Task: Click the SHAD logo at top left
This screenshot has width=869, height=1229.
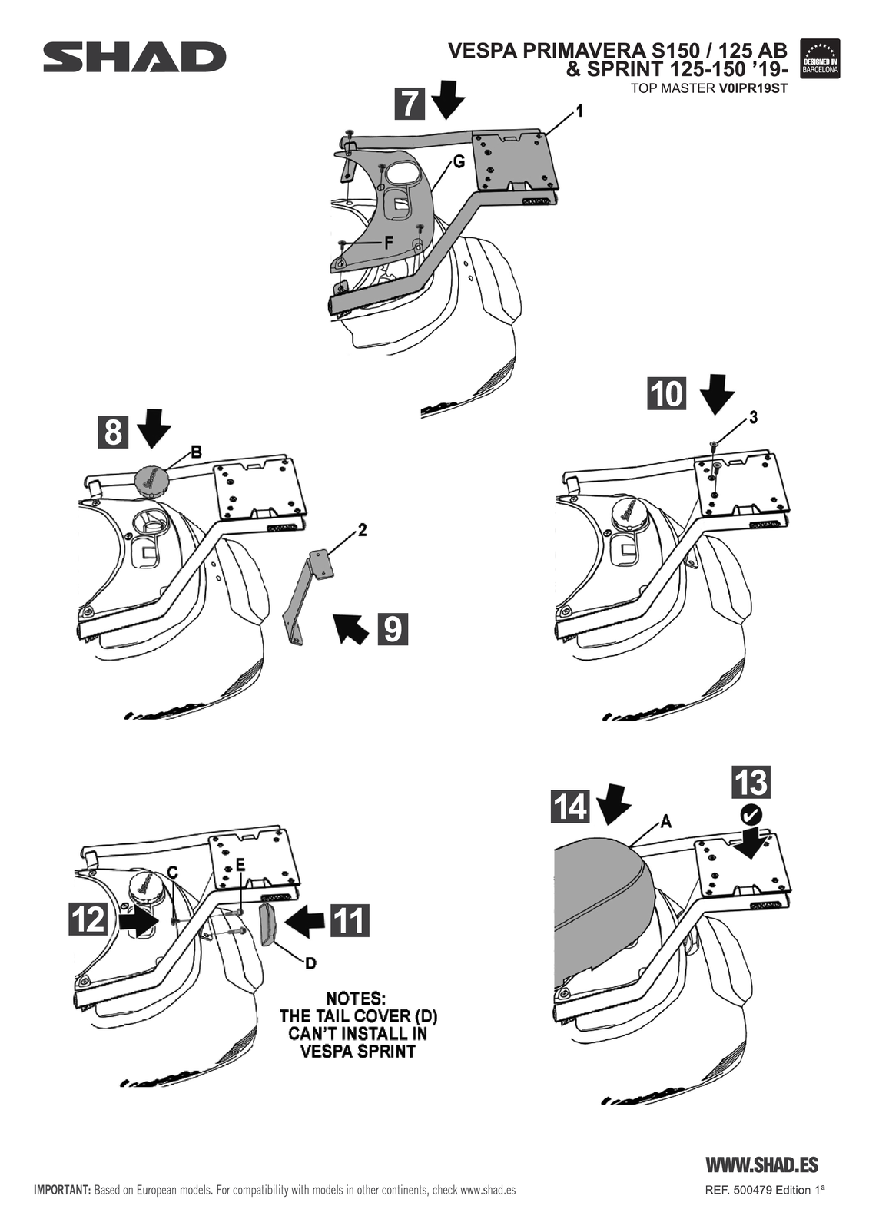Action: tap(134, 58)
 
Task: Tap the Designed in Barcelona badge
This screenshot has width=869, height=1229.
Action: tap(820, 58)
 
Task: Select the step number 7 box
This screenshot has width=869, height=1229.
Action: tap(410, 104)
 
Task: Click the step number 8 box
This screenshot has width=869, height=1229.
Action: tap(113, 432)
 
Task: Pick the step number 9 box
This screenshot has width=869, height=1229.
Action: tap(392, 629)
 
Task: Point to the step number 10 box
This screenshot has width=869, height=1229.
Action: tap(666, 393)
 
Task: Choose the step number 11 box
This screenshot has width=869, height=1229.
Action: tap(350, 919)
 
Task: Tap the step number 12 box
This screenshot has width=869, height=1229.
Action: tap(88, 919)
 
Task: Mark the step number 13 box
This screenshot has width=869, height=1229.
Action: tap(751, 783)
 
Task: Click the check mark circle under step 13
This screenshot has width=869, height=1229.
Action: tap(751, 813)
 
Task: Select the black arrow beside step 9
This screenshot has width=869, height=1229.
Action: tap(350, 628)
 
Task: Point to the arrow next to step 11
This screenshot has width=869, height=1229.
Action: tap(305, 919)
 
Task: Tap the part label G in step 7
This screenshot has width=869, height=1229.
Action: tap(458, 162)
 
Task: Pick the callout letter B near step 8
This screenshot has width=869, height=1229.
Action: tap(196, 452)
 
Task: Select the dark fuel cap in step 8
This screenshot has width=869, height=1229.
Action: tap(151, 480)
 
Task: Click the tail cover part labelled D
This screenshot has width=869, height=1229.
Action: tap(267, 925)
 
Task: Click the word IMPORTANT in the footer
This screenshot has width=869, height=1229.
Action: tap(62, 1191)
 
